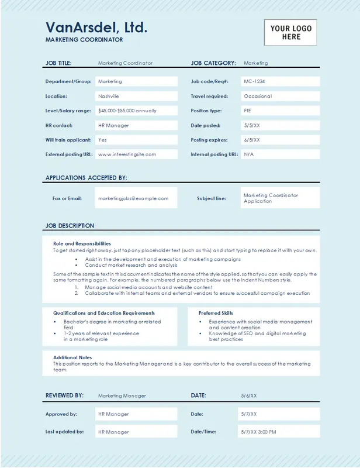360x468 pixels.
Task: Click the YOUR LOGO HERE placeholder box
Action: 290,32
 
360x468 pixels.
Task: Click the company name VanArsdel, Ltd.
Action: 96,27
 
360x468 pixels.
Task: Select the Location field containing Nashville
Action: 136,96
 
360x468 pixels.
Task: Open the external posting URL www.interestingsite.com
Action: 127,154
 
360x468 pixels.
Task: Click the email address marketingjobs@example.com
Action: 133,198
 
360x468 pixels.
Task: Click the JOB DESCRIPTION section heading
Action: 70,226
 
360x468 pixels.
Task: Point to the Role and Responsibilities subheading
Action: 82,243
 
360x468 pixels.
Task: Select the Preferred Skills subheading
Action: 216,313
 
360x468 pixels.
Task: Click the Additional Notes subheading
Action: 73,357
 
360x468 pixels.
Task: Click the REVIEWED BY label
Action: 64,396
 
